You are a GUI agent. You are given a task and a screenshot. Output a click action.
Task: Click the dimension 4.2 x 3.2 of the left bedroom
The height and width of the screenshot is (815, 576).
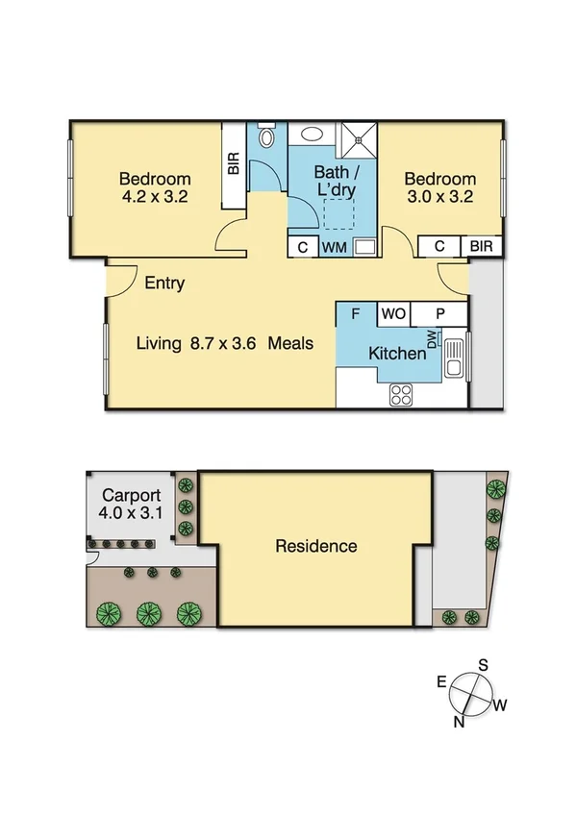coord(154,198)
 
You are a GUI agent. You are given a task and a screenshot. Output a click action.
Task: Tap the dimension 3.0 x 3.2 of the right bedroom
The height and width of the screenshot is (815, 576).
coord(439,198)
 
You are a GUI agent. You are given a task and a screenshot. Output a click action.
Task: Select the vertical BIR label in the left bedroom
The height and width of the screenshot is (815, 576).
coord(234,164)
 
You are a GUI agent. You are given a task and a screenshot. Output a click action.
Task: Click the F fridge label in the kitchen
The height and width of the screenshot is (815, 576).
coord(355,314)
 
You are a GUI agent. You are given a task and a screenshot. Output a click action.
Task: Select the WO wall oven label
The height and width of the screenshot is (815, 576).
coord(392,314)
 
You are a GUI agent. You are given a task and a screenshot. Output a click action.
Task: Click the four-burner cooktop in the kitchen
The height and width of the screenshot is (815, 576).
coord(401,394)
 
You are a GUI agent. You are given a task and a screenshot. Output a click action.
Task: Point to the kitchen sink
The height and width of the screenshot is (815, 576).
coord(455,358)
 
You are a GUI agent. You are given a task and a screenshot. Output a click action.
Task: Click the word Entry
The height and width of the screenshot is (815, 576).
coord(164,284)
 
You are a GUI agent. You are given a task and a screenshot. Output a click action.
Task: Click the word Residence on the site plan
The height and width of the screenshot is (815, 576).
coord(316,546)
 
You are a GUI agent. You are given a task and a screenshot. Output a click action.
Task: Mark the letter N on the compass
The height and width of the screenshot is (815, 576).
coord(460,721)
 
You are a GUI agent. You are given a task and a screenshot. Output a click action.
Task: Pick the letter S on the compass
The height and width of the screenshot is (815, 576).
coord(485,665)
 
